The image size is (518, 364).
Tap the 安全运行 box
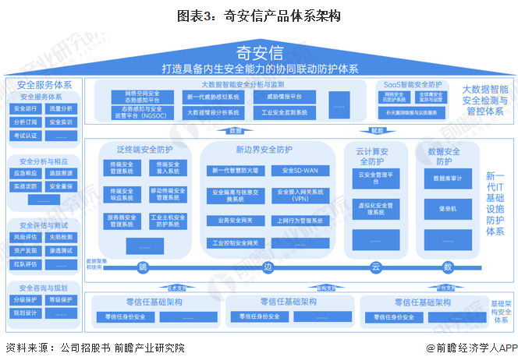[x=26, y=109]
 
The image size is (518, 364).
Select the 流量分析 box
[x=61, y=109]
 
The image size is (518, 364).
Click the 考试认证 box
[x=26, y=136]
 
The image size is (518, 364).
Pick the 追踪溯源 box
[x=61, y=173]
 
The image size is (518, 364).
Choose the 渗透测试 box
[x=61, y=250]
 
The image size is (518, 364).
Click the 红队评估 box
[x=26, y=263]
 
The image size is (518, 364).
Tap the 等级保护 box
[x=61, y=299]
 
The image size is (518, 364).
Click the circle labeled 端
[x=143, y=267]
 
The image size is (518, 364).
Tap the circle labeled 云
[x=374, y=267]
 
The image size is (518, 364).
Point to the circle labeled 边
[x=268, y=267]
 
